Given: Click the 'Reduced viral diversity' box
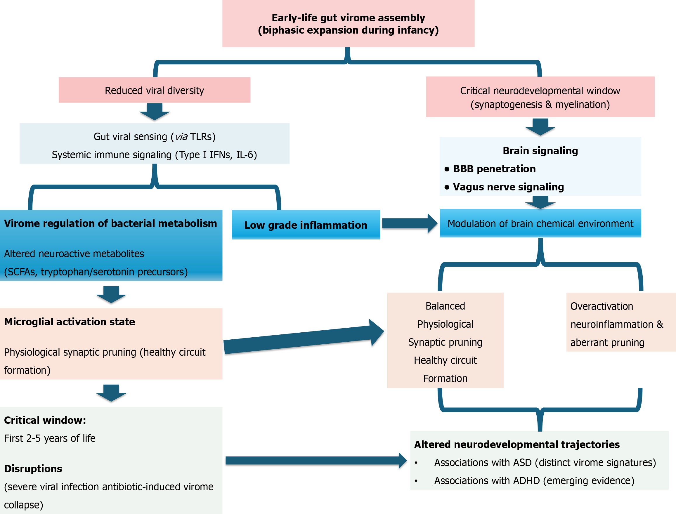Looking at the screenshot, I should (154, 90).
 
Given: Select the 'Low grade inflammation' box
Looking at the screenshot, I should (305, 225).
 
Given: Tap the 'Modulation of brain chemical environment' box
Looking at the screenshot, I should (540, 224).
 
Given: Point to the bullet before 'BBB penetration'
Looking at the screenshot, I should (447, 169).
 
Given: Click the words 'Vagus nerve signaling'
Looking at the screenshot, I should (508, 187).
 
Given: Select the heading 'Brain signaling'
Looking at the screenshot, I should (540, 151).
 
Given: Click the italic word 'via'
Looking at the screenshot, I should (181, 137).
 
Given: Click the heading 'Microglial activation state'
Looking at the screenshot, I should (70, 322).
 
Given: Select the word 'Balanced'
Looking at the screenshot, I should (445, 306).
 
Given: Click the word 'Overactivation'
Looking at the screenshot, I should (602, 306).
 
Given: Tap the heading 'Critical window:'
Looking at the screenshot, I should (45, 420).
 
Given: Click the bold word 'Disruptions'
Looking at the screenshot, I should (33, 469).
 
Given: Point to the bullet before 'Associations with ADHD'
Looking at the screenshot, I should (416, 481).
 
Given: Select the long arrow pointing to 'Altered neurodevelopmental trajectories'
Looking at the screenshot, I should (315, 461).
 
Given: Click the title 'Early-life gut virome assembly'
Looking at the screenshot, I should (348, 18).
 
